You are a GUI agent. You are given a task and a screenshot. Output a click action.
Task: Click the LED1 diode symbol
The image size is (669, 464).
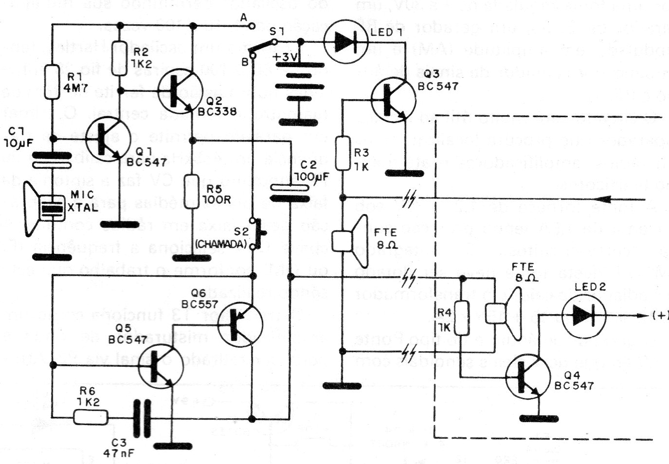pyautogui.click(x=346, y=42)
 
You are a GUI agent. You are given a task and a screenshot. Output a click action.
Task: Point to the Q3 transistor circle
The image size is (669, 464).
pyautogui.click(x=393, y=101)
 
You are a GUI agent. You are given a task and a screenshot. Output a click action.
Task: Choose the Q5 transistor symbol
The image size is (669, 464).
pyautogui.click(x=161, y=365)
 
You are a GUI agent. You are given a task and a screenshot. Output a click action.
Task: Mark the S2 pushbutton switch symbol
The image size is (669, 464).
pyautogui.click(x=256, y=234)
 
